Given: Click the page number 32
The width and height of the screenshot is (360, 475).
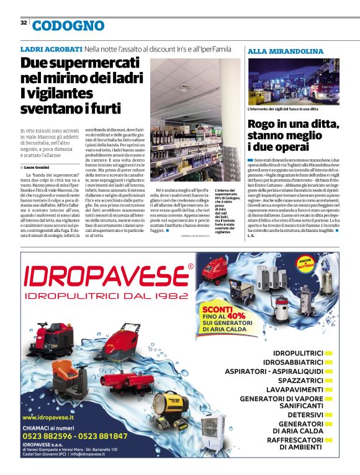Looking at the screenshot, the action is point(23,22).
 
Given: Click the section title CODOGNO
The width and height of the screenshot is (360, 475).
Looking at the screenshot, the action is point(68,25).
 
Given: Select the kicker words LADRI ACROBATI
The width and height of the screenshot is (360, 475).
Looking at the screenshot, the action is point(51,48).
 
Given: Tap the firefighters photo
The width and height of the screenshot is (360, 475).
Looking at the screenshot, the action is point(294,81).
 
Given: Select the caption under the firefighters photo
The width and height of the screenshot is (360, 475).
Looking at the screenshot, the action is point(282,109).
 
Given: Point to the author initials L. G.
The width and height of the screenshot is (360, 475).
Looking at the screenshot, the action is point(251,236).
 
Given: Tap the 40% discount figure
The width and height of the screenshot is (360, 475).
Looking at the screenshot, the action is point(236,315).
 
